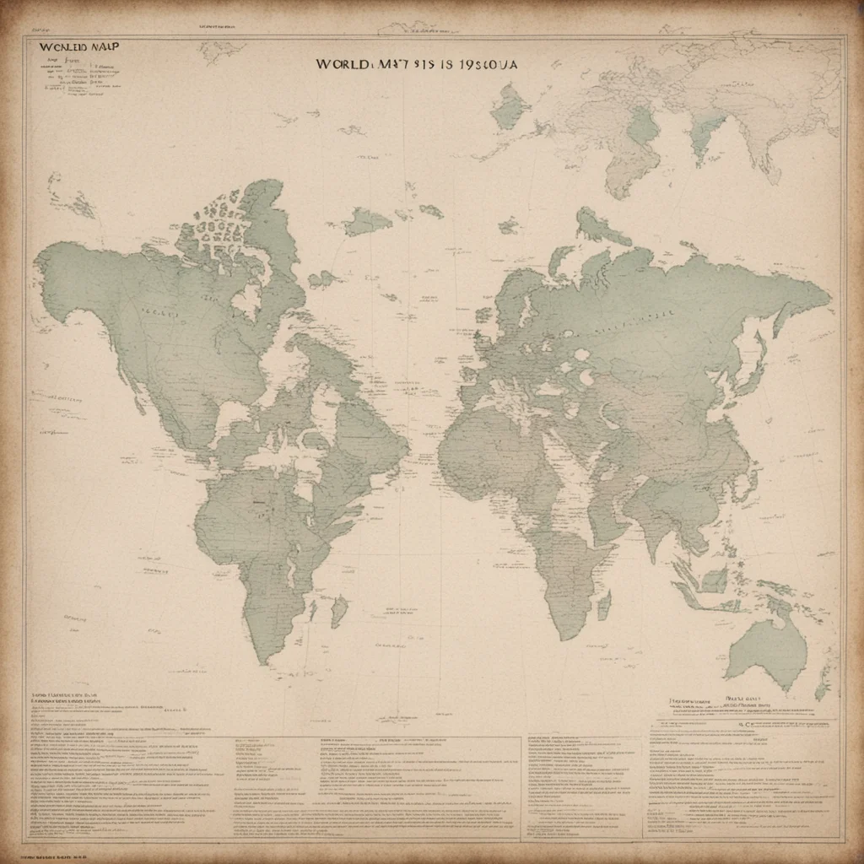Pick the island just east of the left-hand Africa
pyautogui.click(x=339, y=610)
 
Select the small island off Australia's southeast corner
pyautogui.click(x=821, y=691)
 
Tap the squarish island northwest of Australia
pyautogui.click(x=714, y=580)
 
